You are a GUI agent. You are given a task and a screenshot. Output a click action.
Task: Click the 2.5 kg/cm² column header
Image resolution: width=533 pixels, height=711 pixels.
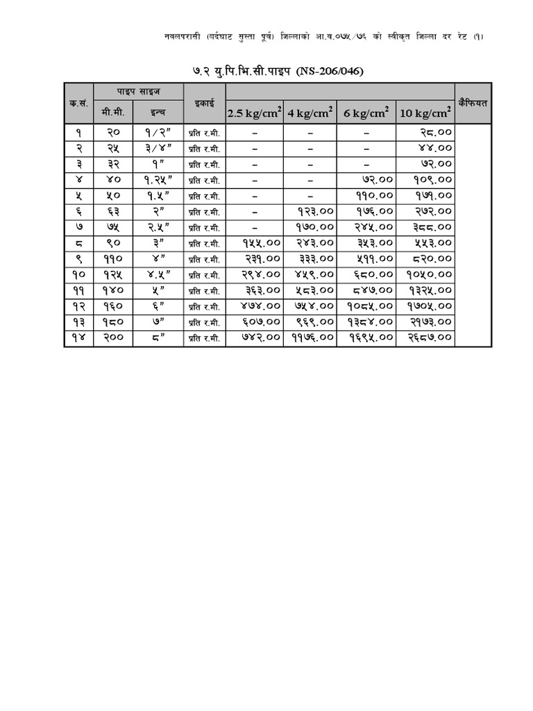click(x=254, y=112)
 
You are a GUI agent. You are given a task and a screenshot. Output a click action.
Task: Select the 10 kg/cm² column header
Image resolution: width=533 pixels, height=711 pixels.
click(x=425, y=112)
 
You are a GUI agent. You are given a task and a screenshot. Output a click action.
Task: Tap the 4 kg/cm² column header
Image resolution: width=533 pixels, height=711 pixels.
click(x=310, y=112)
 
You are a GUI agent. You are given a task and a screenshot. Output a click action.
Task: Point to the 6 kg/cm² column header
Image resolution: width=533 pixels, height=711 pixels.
click(x=366, y=112)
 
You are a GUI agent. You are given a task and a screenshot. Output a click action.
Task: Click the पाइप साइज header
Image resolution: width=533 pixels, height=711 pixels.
click(x=138, y=92)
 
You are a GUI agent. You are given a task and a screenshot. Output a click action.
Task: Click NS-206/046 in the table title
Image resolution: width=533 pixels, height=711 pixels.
click(x=330, y=71)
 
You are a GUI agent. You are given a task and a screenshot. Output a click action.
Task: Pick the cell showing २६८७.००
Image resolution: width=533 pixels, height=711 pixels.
click(x=430, y=338)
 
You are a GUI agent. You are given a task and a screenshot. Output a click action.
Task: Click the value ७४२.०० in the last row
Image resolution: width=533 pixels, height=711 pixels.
click(x=261, y=338)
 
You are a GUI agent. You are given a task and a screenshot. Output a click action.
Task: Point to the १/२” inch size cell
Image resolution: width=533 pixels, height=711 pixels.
click(x=158, y=132)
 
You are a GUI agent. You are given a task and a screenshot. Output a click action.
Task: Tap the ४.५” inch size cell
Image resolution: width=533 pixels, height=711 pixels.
click(x=158, y=274)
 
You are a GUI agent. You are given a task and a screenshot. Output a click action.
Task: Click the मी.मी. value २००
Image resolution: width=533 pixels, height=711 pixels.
click(x=113, y=338)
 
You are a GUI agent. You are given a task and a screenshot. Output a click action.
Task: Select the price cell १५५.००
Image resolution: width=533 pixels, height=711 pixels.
click(x=261, y=243)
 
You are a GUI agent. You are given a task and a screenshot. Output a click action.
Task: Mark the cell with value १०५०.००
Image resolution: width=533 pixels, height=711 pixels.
click(x=430, y=274)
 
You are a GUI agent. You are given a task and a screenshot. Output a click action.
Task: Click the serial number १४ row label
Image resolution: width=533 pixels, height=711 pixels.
click(x=78, y=338)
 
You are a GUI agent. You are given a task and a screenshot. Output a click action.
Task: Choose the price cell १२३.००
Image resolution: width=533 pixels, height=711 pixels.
click(x=315, y=211)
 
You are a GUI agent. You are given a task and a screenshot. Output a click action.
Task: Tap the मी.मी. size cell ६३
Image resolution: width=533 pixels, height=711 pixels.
click(x=113, y=211)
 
